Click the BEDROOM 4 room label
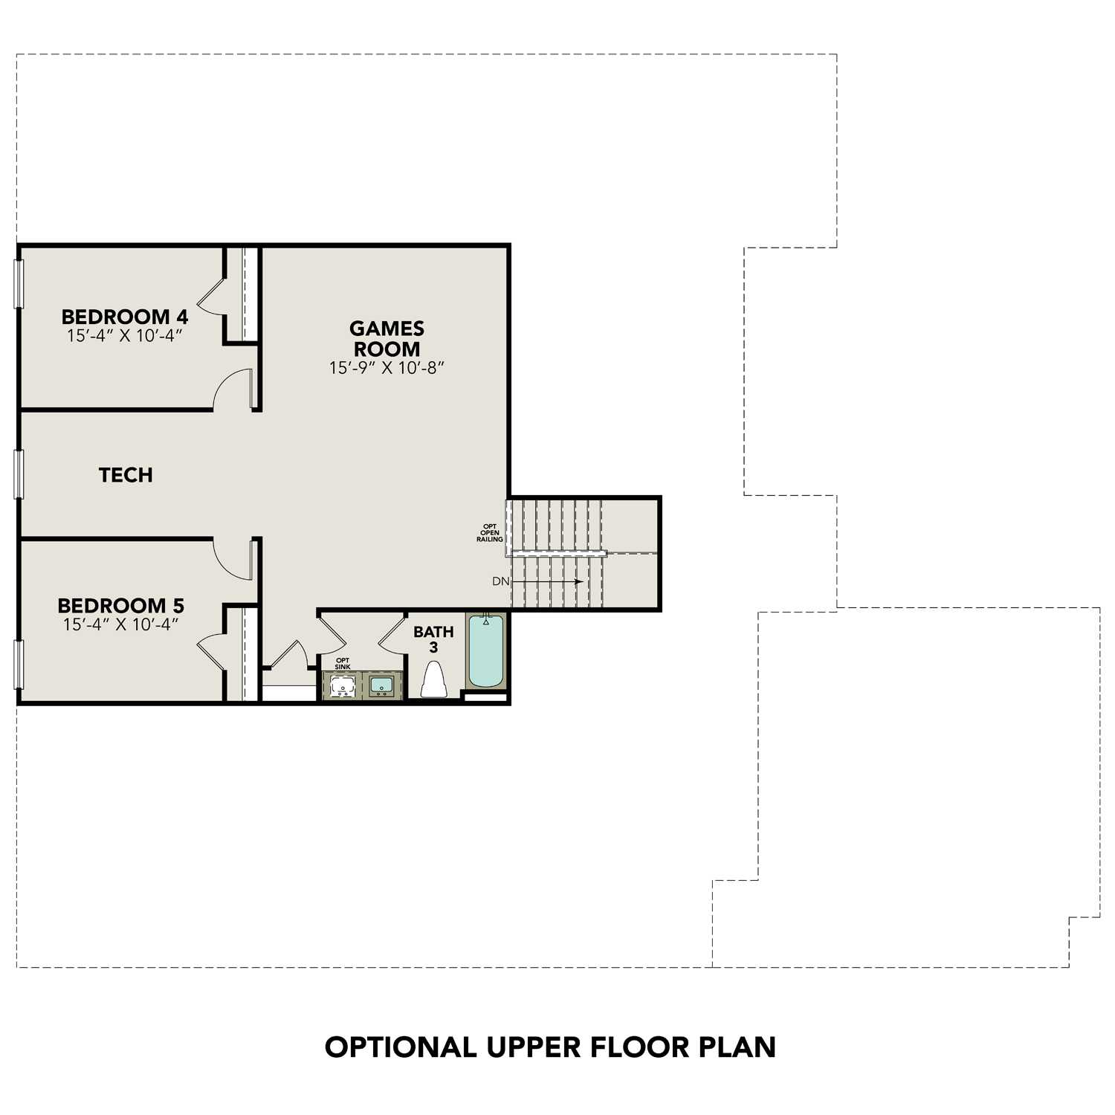point(124,317)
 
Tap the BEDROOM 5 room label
point(120,605)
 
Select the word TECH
point(126,475)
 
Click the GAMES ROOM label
point(387,338)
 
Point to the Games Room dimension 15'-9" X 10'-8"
point(387,368)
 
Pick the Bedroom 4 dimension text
point(124,336)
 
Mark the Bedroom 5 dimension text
point(120,624)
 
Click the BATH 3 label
point(433,639)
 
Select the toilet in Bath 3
point(433,680)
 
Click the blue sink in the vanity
point(382,685)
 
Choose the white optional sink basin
point(343,687)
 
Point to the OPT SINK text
point(343,663)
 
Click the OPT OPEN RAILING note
point(490,533)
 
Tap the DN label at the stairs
point(500,581)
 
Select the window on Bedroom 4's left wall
point(19,283)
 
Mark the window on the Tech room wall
point(19,474)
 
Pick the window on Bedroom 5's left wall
point(19,664)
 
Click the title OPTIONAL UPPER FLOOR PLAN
point(550,1047)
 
